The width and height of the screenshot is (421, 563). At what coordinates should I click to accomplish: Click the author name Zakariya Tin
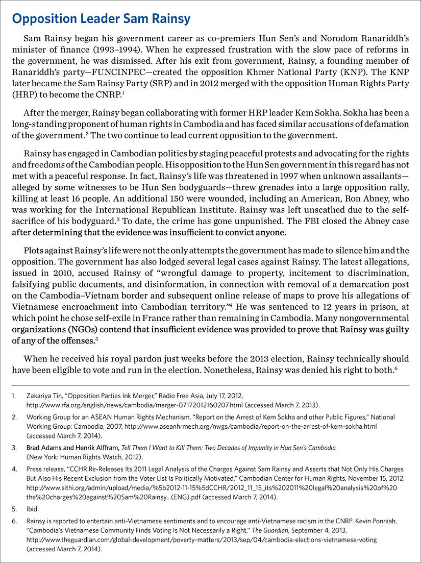pos(47,396)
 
